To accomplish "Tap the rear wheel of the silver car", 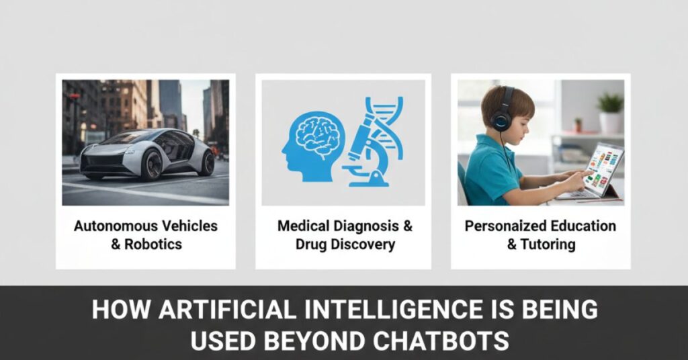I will (206, 163).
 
